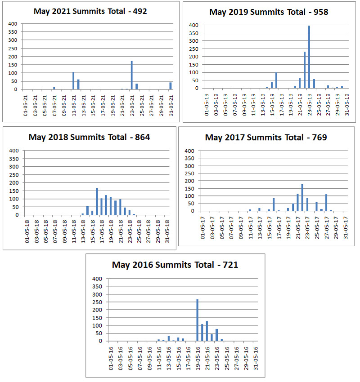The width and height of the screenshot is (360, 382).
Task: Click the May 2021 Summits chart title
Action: coord(90,11)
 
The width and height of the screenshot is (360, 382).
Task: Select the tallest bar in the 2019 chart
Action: coord(309,57)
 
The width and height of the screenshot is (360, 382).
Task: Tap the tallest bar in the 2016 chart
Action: coord(197,320)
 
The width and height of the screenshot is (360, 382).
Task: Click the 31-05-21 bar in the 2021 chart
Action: coord(171,86)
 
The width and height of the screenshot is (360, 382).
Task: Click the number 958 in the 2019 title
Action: coord(320,12)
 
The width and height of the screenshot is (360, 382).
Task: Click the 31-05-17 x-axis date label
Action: coord(346,228)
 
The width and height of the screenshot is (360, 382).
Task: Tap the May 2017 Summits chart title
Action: coord(266,137)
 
